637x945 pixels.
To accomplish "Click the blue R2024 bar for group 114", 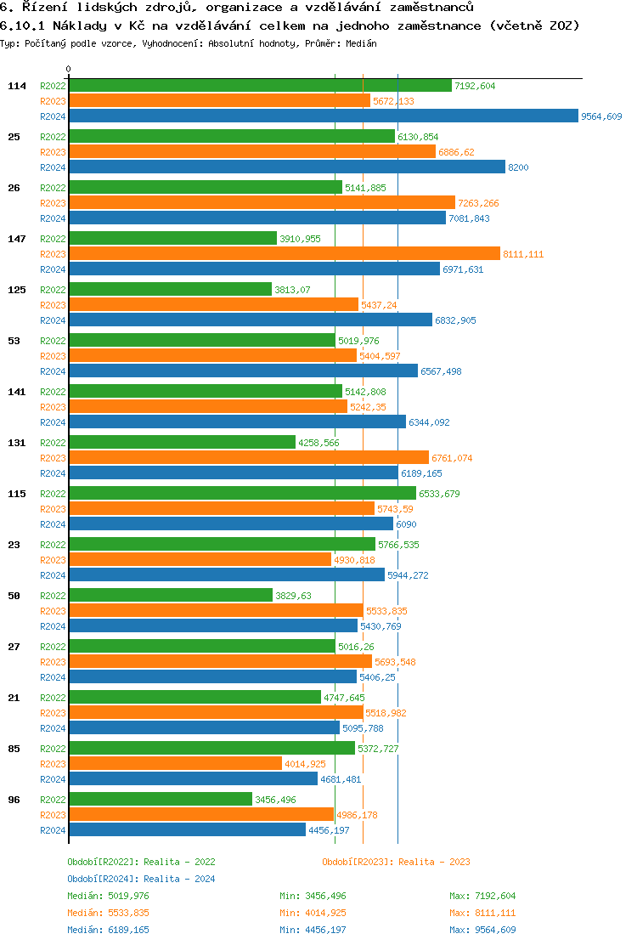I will tap(323, 116).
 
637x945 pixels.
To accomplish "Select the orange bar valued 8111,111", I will tap(284, 254).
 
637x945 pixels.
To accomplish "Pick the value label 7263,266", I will tap(478, 203).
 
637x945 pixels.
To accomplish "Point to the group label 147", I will tap(17, 239).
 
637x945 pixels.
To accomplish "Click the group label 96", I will tap(14, 800).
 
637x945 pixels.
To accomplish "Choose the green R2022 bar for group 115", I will tap(242, 494).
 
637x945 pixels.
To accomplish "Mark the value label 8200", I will tap(518, 167).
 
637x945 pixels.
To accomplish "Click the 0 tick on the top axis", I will tap(69, 69).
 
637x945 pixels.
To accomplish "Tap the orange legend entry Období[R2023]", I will tap(396, 862).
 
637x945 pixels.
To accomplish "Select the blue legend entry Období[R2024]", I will tap(141, 879).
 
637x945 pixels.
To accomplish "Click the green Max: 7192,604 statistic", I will tap(482, 896).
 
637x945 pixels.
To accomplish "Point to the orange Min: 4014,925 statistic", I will tap(313, 913).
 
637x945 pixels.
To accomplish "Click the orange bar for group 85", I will tap(175, 764).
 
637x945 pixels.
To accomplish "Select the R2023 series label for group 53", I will tap(53, 356).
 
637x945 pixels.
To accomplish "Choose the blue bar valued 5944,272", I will tap(227, 575).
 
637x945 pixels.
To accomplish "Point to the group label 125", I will tap(17, 290).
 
